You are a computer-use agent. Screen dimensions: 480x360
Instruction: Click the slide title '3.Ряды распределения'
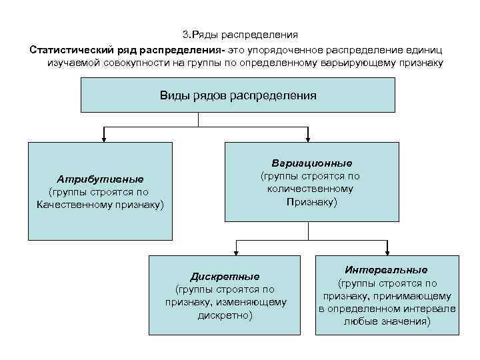240,35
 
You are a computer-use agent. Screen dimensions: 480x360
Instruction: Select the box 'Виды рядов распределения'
238,95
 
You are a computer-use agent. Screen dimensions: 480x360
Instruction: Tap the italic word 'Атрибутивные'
101,179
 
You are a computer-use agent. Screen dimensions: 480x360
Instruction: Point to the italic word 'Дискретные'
225,276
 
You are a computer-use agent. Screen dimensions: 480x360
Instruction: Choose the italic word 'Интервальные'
387,270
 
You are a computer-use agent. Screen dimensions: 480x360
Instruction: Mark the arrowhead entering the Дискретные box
234,252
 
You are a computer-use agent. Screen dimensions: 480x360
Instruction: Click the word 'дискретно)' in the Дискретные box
225,315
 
